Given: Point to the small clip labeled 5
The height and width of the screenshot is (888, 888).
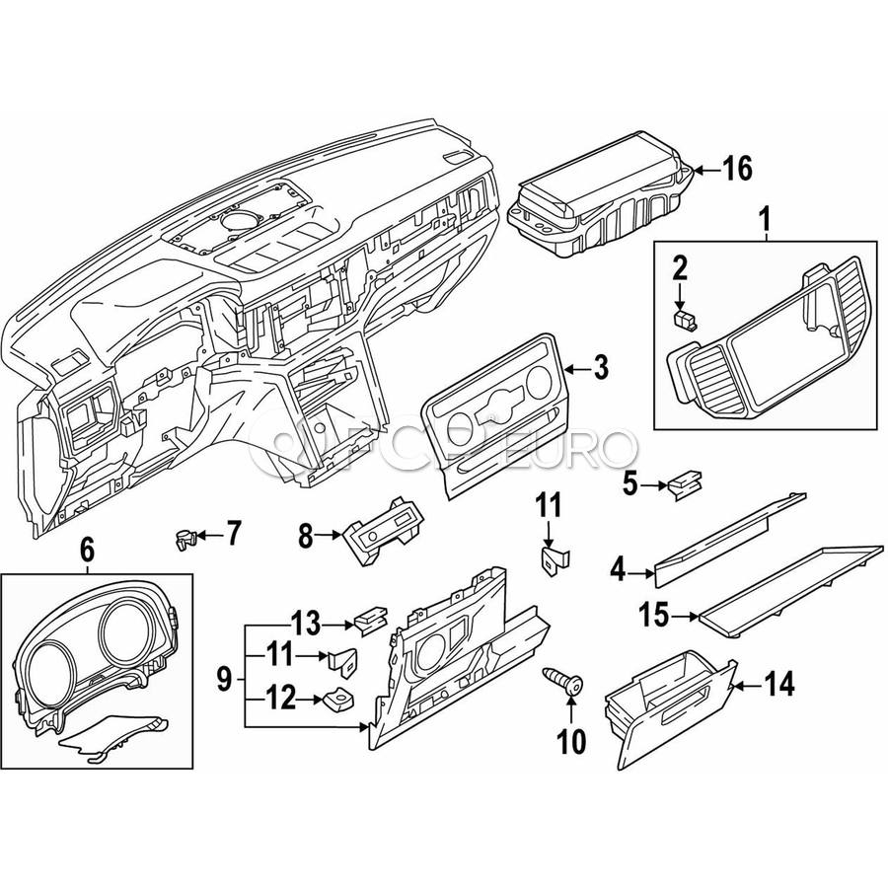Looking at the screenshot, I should tap(683, 484).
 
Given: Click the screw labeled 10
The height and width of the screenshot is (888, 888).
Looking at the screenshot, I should tap(563, 680).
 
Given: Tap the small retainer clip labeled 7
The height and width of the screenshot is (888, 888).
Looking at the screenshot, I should tap(182, 538).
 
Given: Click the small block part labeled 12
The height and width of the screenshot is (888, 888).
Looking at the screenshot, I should tap(337, 700).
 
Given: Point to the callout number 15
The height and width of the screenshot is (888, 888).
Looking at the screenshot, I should tap(652, 617).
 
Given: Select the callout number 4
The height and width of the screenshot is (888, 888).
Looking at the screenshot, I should tap(619, 569).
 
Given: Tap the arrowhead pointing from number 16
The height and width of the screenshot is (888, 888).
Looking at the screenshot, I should tap(699, 171).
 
